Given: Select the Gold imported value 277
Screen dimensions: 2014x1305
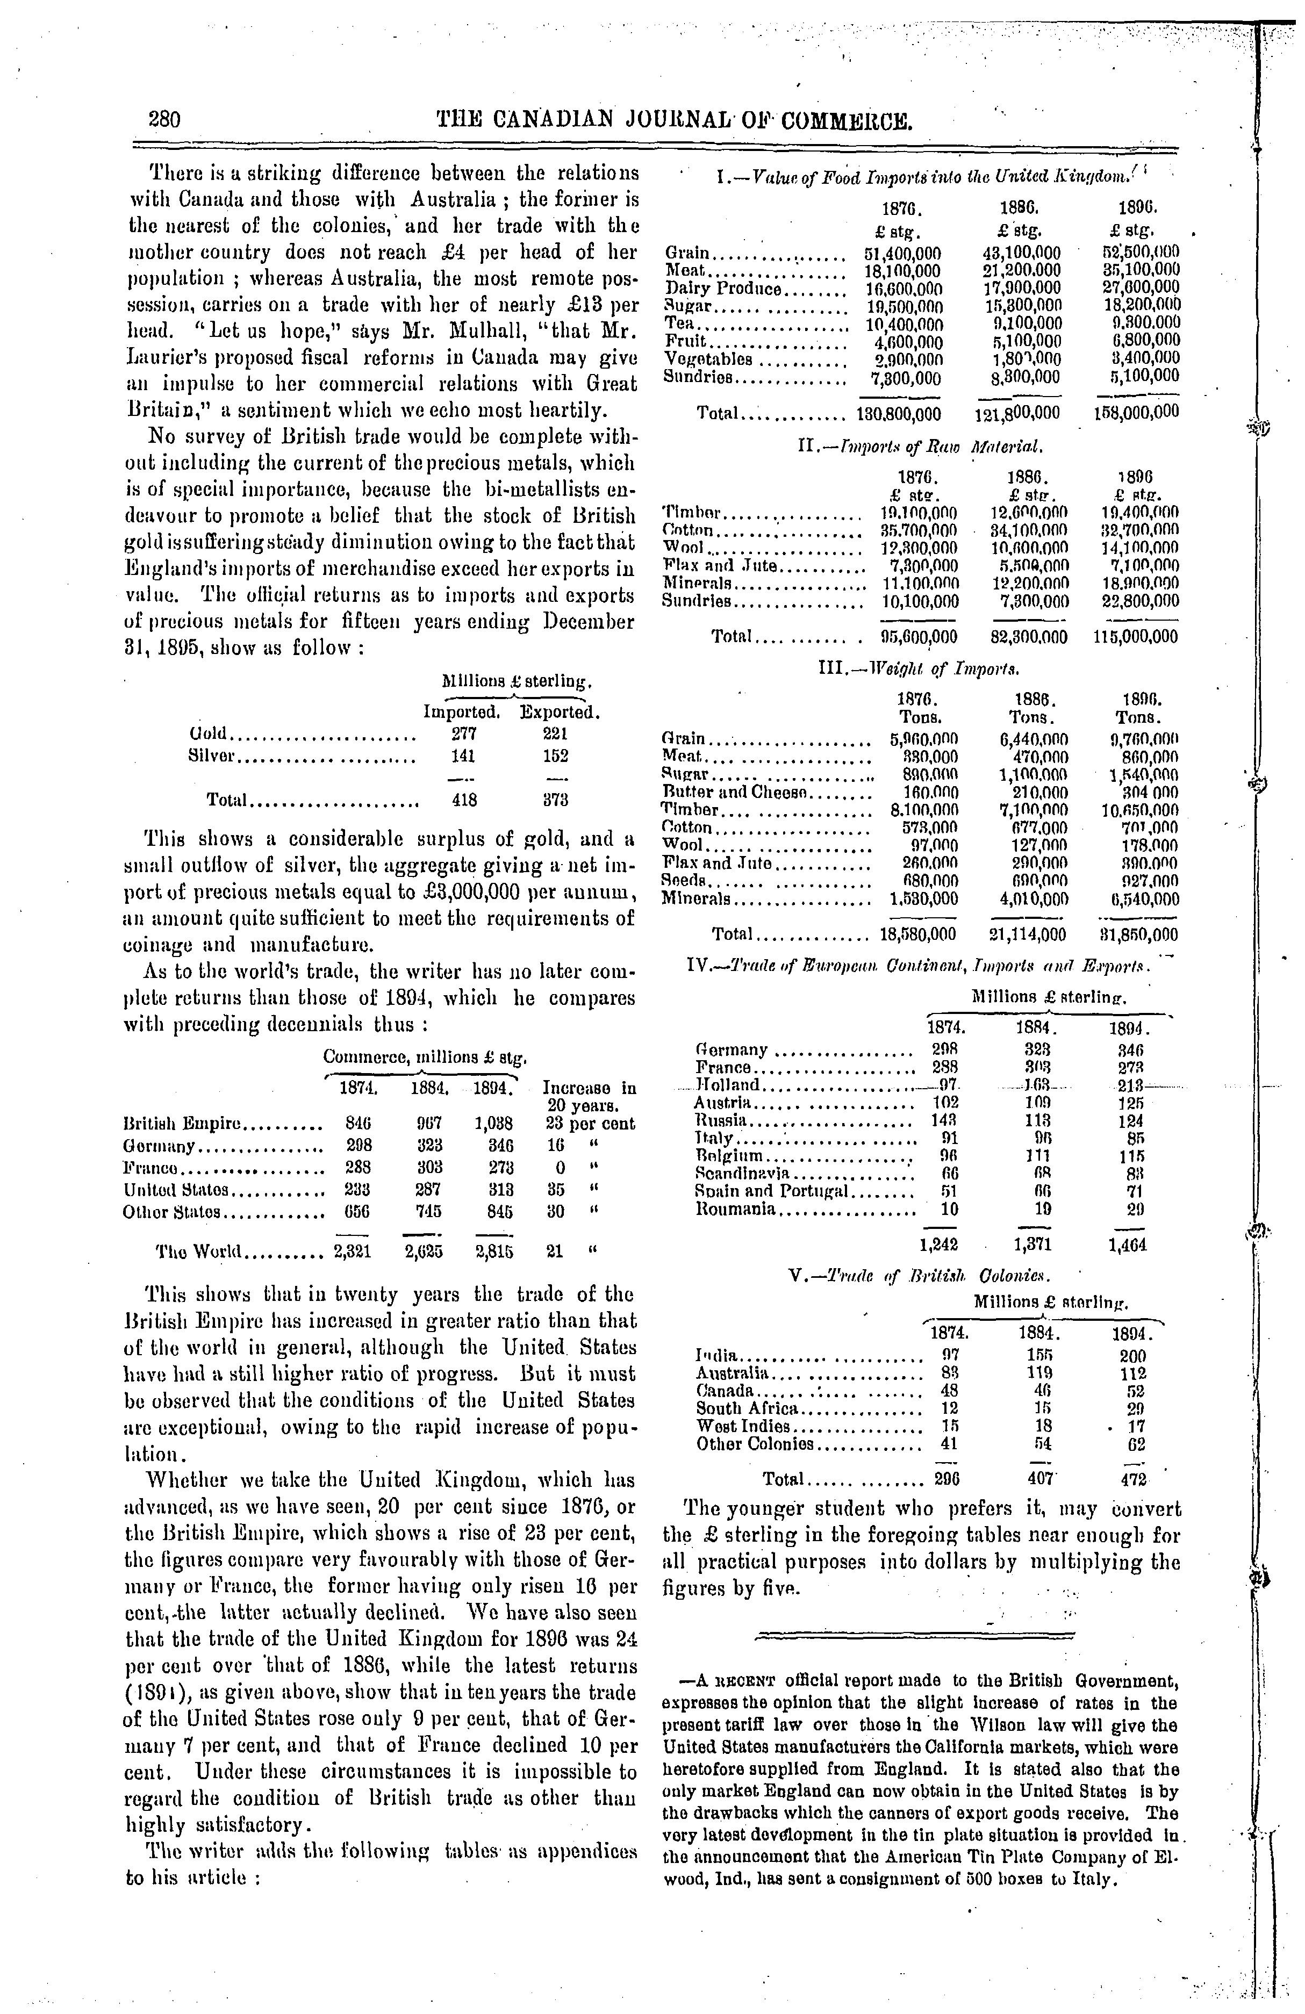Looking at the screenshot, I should [x=464, y=733].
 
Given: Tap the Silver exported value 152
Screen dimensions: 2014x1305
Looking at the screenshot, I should [x=555, y=756].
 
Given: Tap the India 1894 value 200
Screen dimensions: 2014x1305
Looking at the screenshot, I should [x=1131, y=1353].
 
